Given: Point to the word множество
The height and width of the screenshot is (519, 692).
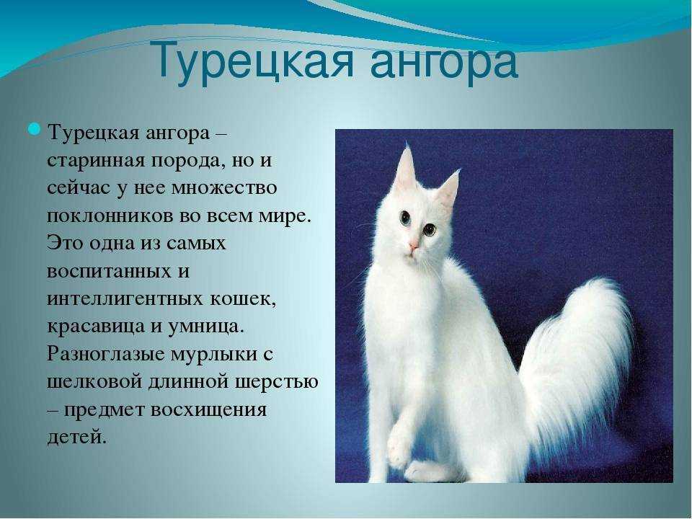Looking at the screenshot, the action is point(223,187).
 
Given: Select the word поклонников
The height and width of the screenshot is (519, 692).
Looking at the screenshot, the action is point(110,216).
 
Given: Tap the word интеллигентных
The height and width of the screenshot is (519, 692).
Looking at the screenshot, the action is point(125,299).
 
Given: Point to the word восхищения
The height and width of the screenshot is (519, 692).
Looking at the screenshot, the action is point(209,410).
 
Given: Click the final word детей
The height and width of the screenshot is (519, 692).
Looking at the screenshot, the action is point(76,438).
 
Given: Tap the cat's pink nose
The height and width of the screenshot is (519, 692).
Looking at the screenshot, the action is point(414,246).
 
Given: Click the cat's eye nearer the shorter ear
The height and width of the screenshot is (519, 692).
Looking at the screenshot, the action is point(430,229).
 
